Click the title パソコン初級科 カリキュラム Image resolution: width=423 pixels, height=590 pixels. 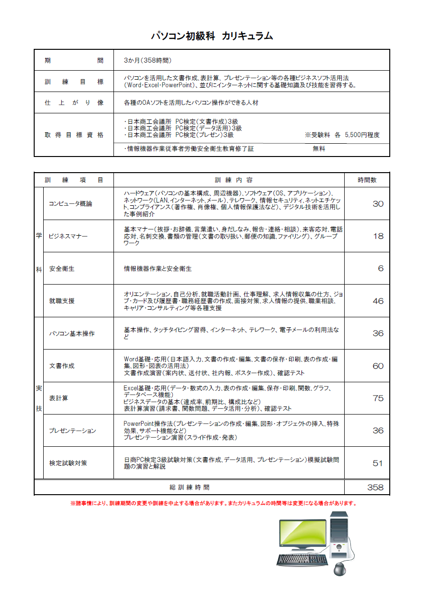click(x=212, y=36)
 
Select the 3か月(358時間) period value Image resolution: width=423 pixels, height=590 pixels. click(x=147, y=61)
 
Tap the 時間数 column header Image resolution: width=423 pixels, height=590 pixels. click(x=367, y=180)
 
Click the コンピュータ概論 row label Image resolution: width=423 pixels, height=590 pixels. click(x=71, y=204)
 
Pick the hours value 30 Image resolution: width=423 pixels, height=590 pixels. click(x=378, y=204)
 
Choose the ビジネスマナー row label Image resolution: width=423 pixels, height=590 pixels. click(x=68, y=236)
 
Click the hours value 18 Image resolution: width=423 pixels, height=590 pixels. click(x=378, y=236)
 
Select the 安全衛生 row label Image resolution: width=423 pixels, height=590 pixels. click(x=62, y=269)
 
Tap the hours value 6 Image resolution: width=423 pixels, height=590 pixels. click(x=380, y=269)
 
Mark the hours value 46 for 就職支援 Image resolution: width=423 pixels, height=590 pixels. click(x=378, y=301)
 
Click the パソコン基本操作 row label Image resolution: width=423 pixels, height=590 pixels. click(x=72, y=333)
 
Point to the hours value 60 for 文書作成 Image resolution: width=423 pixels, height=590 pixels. click(x=378, y=366)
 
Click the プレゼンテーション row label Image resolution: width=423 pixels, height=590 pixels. click(x=73, y=431)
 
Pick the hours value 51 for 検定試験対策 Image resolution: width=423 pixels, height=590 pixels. click(x=378, y=463)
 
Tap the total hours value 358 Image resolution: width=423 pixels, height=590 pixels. click(x=375, y=488)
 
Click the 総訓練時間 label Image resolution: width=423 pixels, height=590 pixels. click(x=189, y=488)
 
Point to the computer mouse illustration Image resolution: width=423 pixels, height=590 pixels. click(x=340, y=568)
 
